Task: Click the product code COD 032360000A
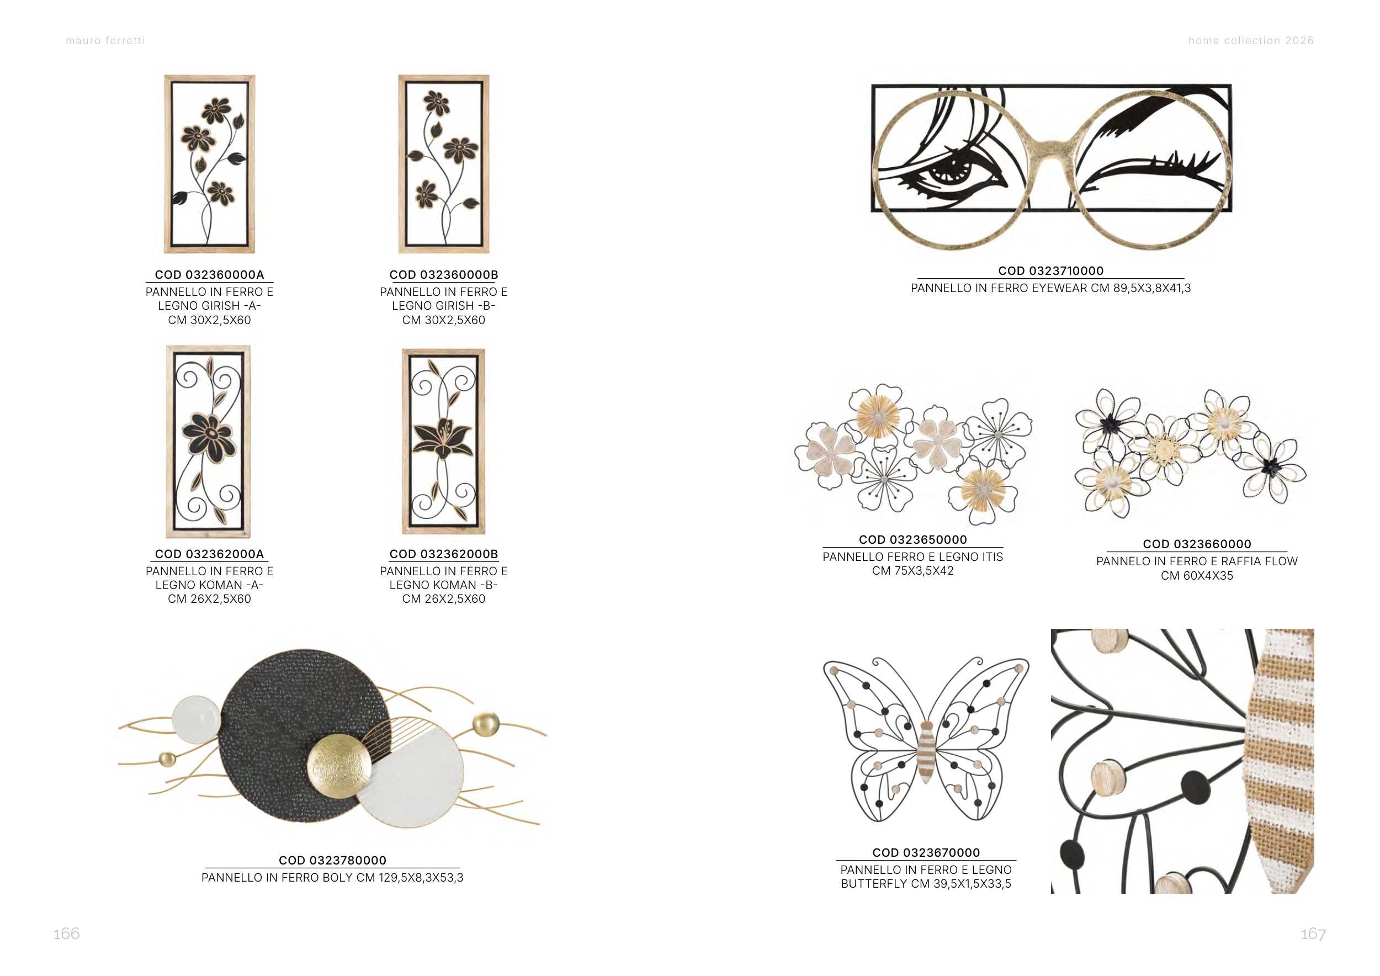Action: point(209,275)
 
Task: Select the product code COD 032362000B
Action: point(444,554)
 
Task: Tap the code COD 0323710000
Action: point(1050,271)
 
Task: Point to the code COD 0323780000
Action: point(332,861)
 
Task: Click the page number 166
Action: point(67,933)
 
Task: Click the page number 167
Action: point(1313,934)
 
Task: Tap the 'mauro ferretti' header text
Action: point(105,41)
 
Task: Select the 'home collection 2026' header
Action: point(1251,41)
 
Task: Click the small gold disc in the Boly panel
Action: point(167,759)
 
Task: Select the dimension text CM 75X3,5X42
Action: point(913,571)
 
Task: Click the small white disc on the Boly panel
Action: point(196,719)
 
